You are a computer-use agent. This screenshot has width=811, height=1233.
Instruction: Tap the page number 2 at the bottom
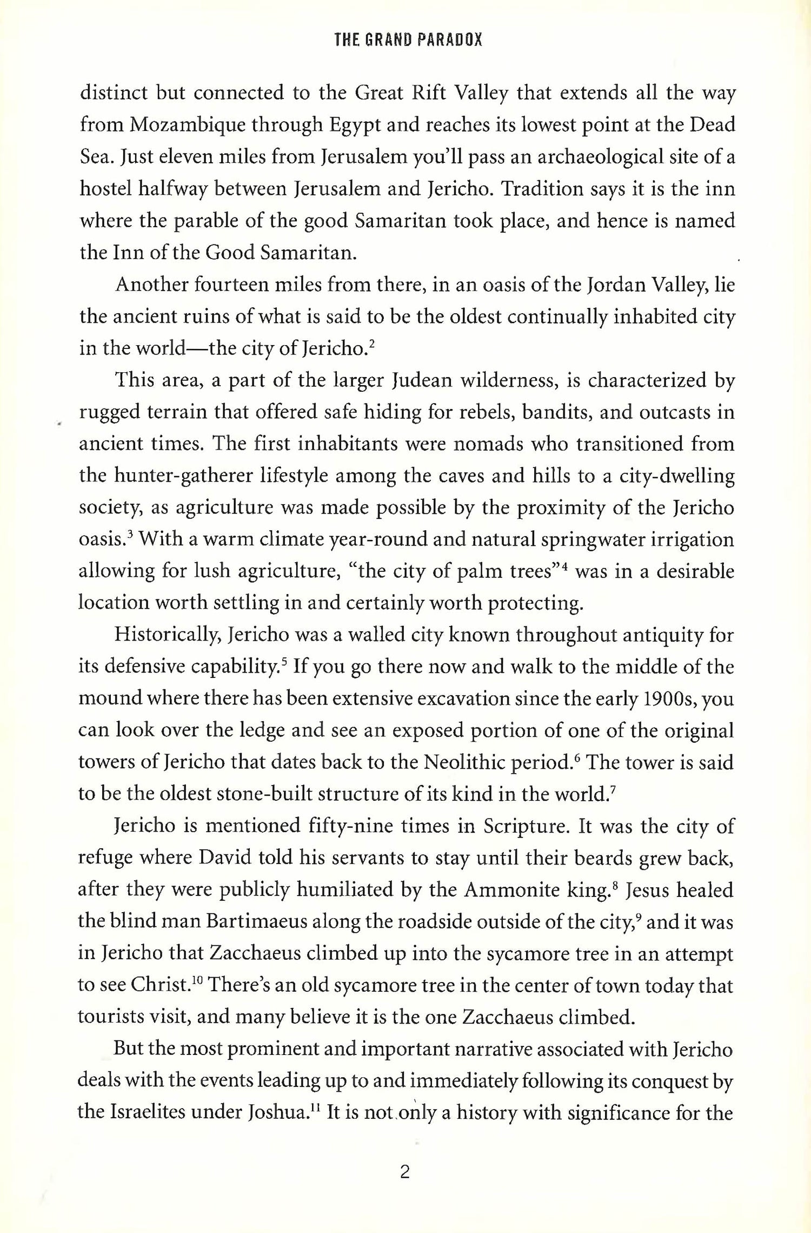404,1171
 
